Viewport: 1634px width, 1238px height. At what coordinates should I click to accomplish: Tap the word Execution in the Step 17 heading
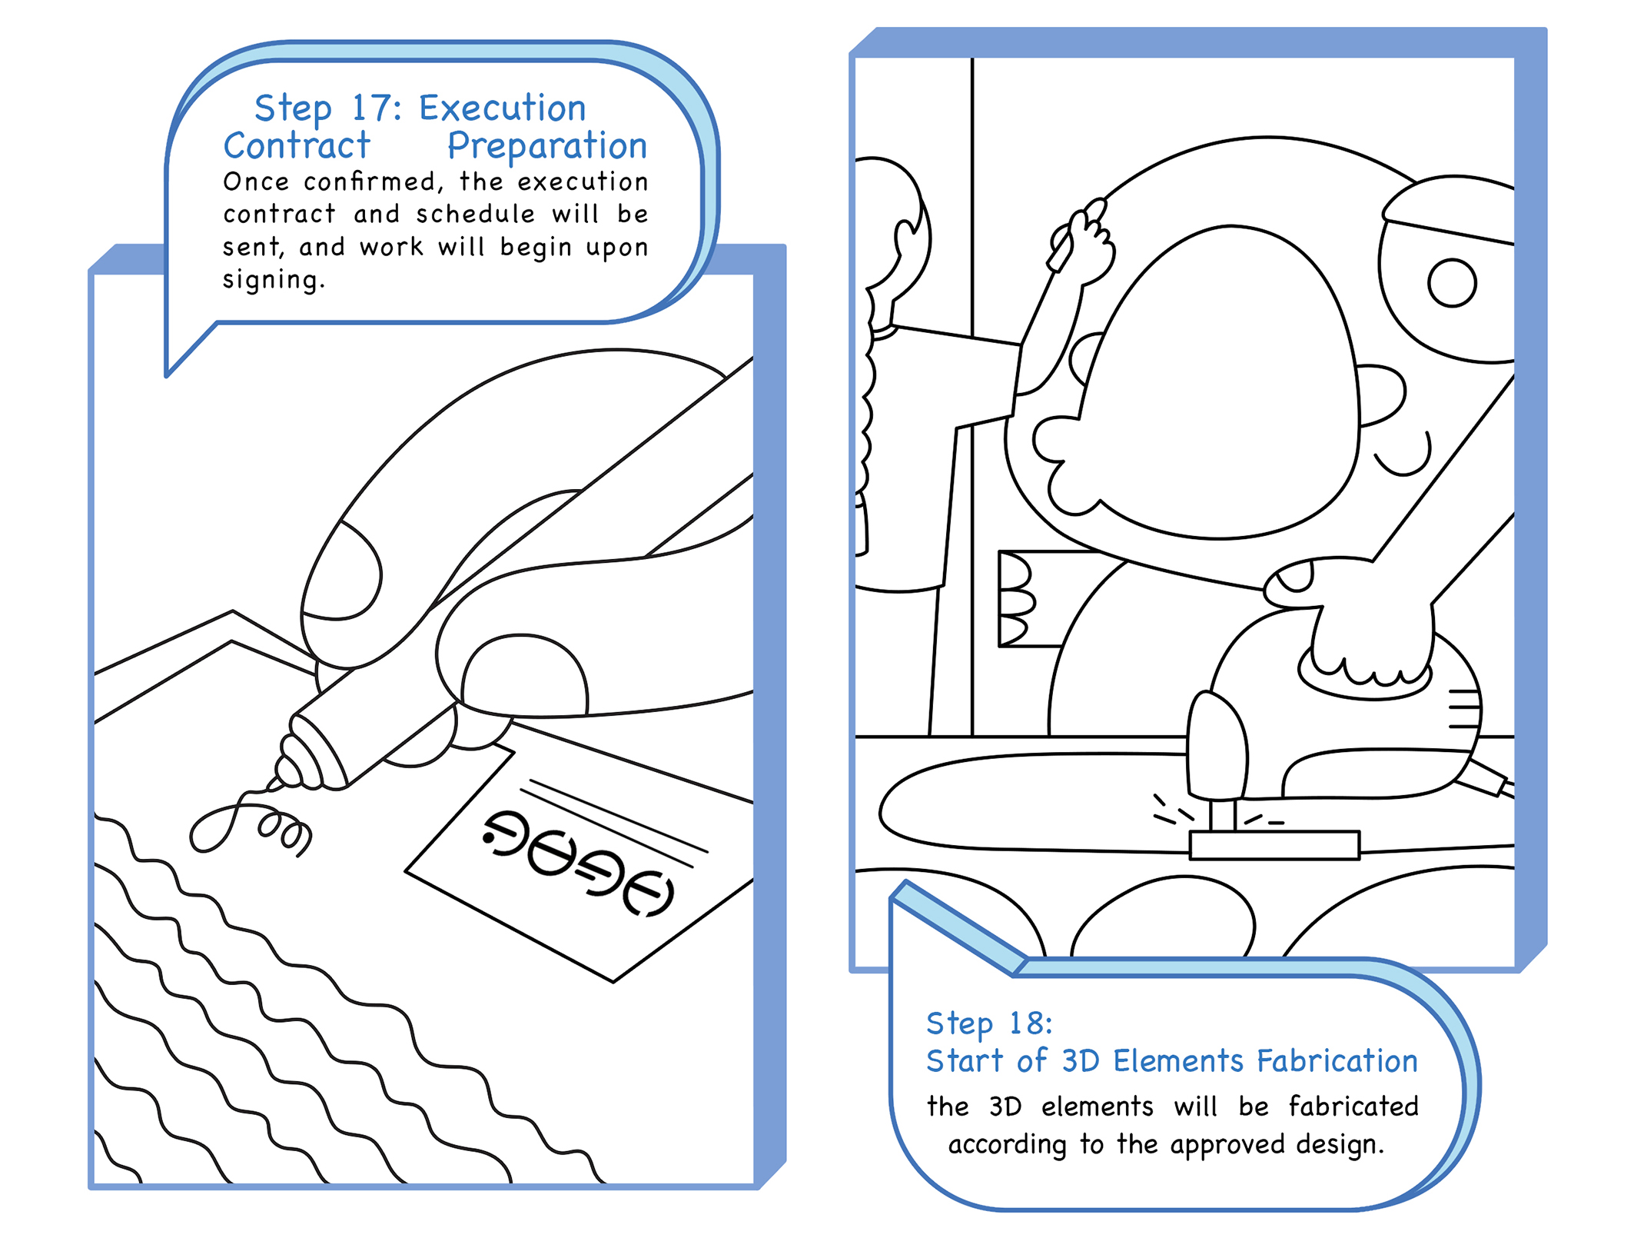coord(502,108)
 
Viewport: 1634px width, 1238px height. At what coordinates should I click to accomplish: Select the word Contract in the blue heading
coord(297,145)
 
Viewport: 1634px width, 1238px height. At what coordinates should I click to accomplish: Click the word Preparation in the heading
coord(547,147)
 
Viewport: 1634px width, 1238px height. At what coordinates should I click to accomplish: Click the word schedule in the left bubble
coord(475,214)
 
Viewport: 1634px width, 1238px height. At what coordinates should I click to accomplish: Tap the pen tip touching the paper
coord(274,786)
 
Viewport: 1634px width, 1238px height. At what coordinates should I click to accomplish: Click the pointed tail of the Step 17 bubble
coord(168,374)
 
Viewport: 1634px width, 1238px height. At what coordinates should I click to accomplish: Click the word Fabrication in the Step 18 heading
coord(1337,1061)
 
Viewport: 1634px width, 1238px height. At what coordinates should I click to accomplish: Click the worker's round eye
coord(1452,283)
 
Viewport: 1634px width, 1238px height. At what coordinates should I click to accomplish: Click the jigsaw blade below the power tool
coord(1223,815)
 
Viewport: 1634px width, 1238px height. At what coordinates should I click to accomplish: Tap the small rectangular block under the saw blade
coord(1274,845)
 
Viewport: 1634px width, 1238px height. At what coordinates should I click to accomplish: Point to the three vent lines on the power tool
coord(1463,709)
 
